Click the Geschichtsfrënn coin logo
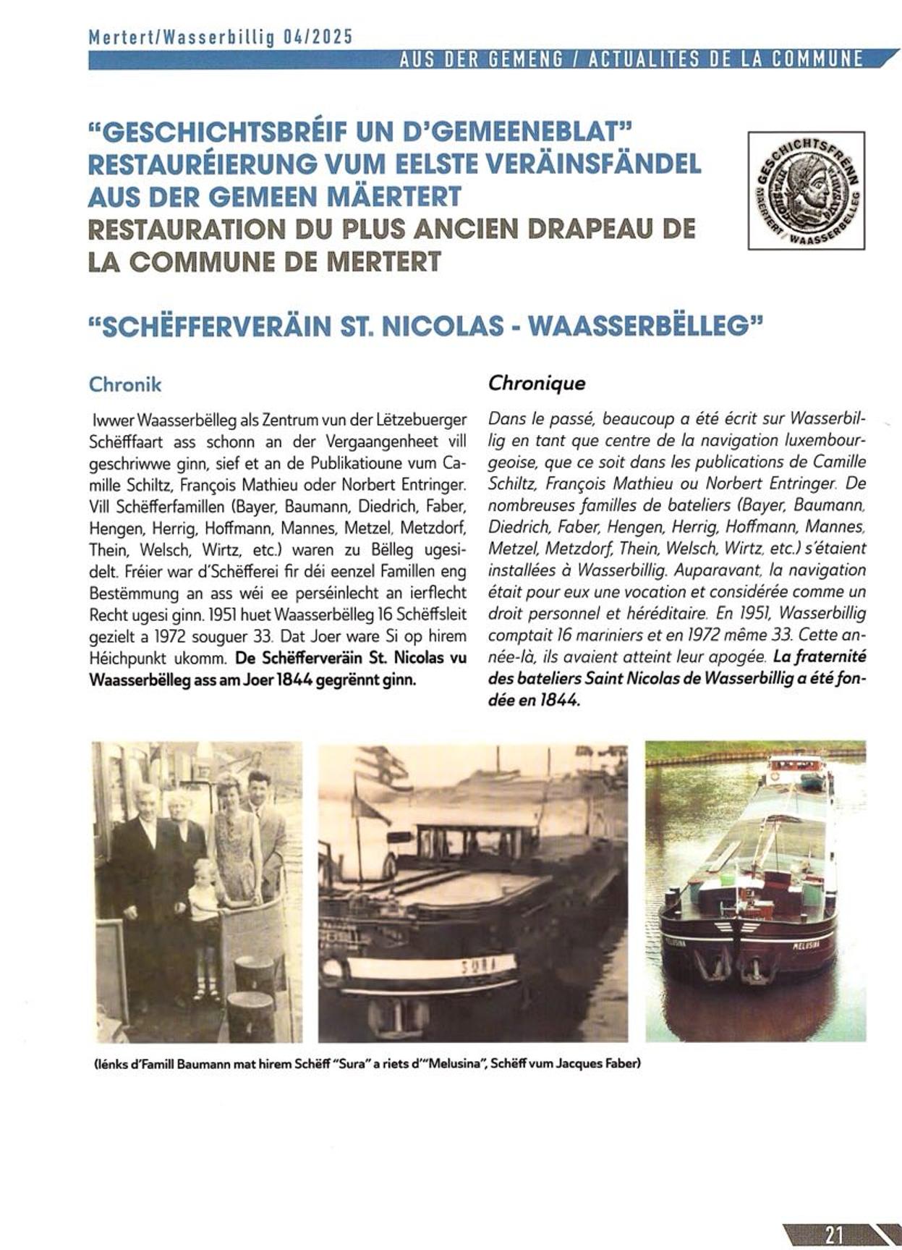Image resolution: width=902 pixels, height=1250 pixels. tap(806, 190)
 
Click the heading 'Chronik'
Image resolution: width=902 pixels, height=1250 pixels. tap(125, 384)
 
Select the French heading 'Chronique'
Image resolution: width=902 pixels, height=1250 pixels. tap(537, 383)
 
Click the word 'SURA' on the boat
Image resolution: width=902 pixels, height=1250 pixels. tap(478, 966)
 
